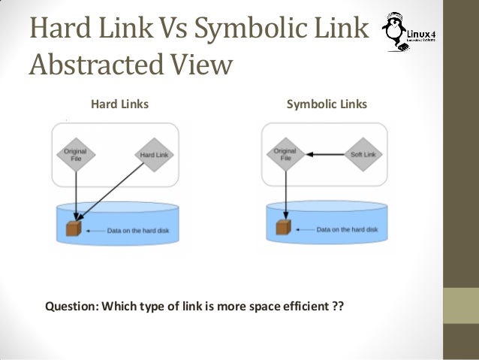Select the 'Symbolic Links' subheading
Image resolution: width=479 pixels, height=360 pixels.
point(327,104)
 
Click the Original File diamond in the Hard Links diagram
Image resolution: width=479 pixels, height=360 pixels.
point(76,155)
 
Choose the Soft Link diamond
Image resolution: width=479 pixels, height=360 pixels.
point(363,155)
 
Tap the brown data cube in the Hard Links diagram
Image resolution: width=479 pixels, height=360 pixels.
point(74,227)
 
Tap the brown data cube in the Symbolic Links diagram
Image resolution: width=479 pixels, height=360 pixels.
point(282,227)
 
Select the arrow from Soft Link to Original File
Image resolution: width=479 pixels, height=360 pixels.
point(324,155)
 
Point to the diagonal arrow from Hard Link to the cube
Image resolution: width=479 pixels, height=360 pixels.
point(113,193)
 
